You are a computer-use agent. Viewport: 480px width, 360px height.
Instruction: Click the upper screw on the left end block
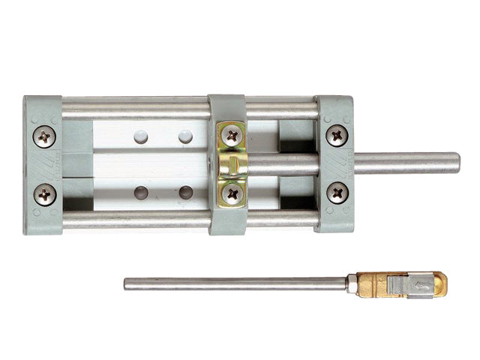45,136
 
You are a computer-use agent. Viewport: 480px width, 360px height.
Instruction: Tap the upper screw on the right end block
337,136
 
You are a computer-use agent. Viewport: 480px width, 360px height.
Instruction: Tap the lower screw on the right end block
337,193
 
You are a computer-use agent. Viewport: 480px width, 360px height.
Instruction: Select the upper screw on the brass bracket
232,136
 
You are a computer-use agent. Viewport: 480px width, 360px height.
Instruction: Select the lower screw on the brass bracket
232,193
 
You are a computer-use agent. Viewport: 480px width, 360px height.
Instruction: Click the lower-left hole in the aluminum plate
141,193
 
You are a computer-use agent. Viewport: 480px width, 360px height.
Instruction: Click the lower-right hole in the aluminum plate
185,193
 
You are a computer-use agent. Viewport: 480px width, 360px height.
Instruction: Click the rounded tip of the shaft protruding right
457,163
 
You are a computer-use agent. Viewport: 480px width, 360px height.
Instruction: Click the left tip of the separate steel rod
127,284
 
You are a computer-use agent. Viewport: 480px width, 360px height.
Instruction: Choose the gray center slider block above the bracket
226,107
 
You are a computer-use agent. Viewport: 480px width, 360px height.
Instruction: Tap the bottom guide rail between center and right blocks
281,220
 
